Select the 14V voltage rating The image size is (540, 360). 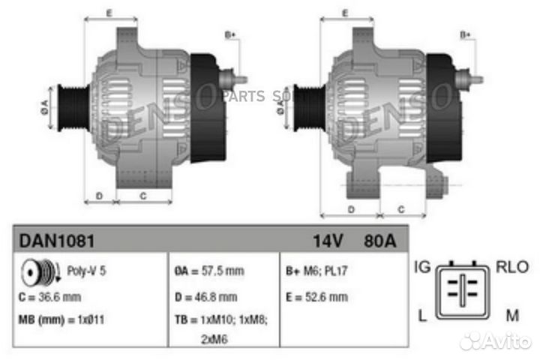click(328, 241)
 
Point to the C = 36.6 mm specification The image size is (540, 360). click(50, 297)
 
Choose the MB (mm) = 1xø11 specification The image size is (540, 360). click(62, 319)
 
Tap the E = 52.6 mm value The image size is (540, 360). click(317, 297)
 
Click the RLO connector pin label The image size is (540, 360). click(512, 267)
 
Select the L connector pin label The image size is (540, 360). click(422, 316)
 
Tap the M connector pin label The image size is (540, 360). click(512, 316)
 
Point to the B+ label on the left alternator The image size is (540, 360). click(230, 34)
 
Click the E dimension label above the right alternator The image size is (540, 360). click(346, 13)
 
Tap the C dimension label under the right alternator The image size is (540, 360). click(401, 208)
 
